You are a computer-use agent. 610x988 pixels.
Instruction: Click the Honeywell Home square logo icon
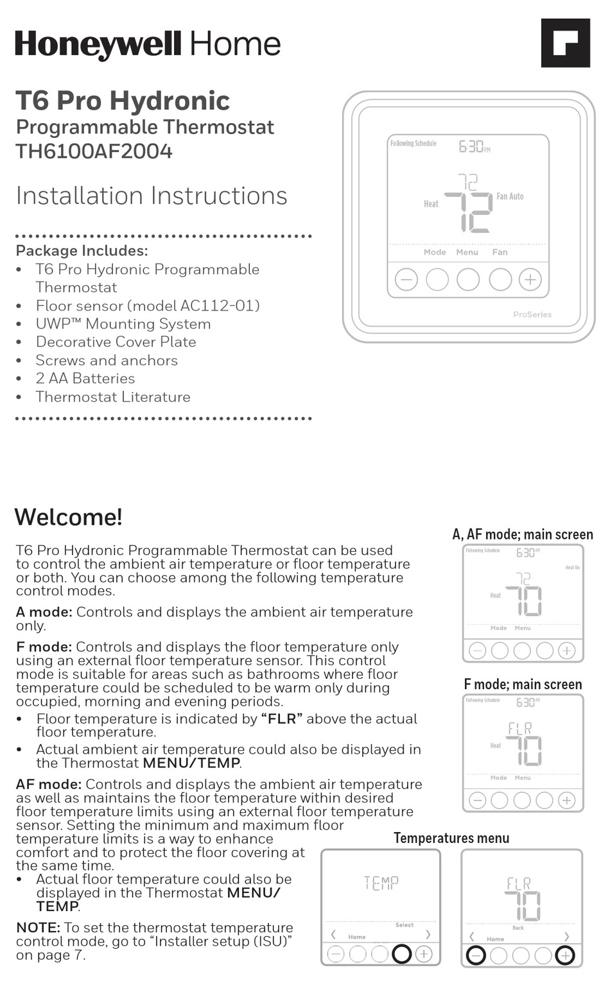click(565, 43)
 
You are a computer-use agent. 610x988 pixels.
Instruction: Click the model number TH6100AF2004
click(94, 151)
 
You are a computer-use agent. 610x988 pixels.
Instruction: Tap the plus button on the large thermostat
click(530, 280)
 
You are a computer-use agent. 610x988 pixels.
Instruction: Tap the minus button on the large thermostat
click(406, 280)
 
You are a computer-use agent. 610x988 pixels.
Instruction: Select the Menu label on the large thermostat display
click(467, 252)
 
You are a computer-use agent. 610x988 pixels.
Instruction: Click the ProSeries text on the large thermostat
click(532, 314)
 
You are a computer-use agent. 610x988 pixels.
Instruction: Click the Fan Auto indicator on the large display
click(510, 196)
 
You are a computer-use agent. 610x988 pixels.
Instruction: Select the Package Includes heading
click(82, 251)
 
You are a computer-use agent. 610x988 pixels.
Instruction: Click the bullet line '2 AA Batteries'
click(85, 379)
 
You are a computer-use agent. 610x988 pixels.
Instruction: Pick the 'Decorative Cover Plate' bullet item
click(116, 342)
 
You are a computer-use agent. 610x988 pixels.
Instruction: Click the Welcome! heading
click(68, 517)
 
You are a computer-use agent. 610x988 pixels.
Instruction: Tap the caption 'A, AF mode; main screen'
click(522, 534)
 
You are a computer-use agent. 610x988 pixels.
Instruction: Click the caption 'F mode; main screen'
click(522, 685)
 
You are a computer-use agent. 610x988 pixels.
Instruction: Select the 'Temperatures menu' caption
click(451, 838)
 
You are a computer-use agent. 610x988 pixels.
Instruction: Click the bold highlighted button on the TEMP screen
click(401, 954)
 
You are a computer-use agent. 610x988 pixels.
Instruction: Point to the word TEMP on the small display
click(381, 883)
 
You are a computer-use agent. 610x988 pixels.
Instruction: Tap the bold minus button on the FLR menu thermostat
click(476, 956)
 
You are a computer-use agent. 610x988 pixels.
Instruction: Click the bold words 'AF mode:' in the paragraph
click(48, 784)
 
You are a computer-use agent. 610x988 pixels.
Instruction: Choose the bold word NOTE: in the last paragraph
click(38, 928)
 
